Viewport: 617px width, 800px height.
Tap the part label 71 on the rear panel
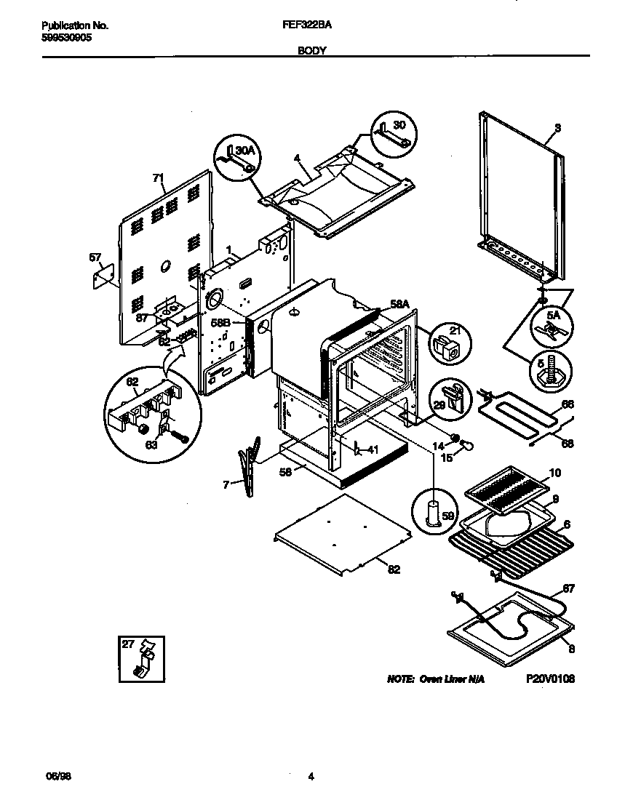tap(158, 177)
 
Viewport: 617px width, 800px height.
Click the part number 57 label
tap(95, 257)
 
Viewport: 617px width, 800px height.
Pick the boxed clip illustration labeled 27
tap(143, 659)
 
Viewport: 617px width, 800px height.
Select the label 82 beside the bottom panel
tap(394, 569)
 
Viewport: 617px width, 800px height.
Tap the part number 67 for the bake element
tap(568, 588)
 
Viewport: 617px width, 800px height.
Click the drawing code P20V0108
tap(550, 679)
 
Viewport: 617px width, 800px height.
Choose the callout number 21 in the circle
tap(455, 332)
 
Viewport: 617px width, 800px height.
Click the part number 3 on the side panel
tap(557, 129)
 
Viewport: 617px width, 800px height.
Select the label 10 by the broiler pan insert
tap(554, 473)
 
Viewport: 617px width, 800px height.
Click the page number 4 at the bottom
tap(311, 777)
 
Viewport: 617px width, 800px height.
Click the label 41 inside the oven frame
tap(373, 449)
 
